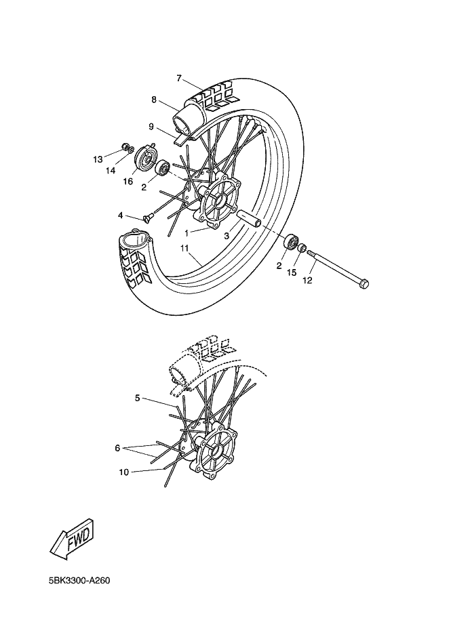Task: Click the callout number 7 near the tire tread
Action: coord(180,78)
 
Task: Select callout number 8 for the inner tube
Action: coord(154,100)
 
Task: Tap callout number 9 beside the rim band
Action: coord(151,127)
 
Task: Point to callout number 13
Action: coord(98,160)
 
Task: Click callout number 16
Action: coord(128,182)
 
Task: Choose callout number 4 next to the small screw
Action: coord(121,216)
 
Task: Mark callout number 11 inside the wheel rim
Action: coord(184,249)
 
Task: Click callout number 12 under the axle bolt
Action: coord(307,280)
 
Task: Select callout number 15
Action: coord(292,272)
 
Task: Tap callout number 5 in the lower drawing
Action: coord(138,398)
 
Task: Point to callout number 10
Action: coord(124,472)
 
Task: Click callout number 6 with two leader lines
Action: coord(117,448)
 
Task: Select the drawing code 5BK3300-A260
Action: coord(79,581)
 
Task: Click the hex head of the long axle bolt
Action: coord(364,284)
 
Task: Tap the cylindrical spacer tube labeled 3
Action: coord(249,218)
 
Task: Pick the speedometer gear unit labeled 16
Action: coord(144,158)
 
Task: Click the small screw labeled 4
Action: coord(147,218)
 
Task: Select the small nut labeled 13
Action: coord(125,146)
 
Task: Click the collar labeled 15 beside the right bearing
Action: coord(302,247)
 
